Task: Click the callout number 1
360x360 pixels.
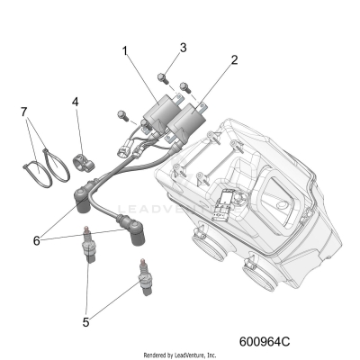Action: tap(125, 52)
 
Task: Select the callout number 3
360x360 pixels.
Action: tap(183, 48)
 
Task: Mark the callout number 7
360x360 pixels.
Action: tap(24, 112)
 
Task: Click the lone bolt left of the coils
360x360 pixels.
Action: tap(121, 114)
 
